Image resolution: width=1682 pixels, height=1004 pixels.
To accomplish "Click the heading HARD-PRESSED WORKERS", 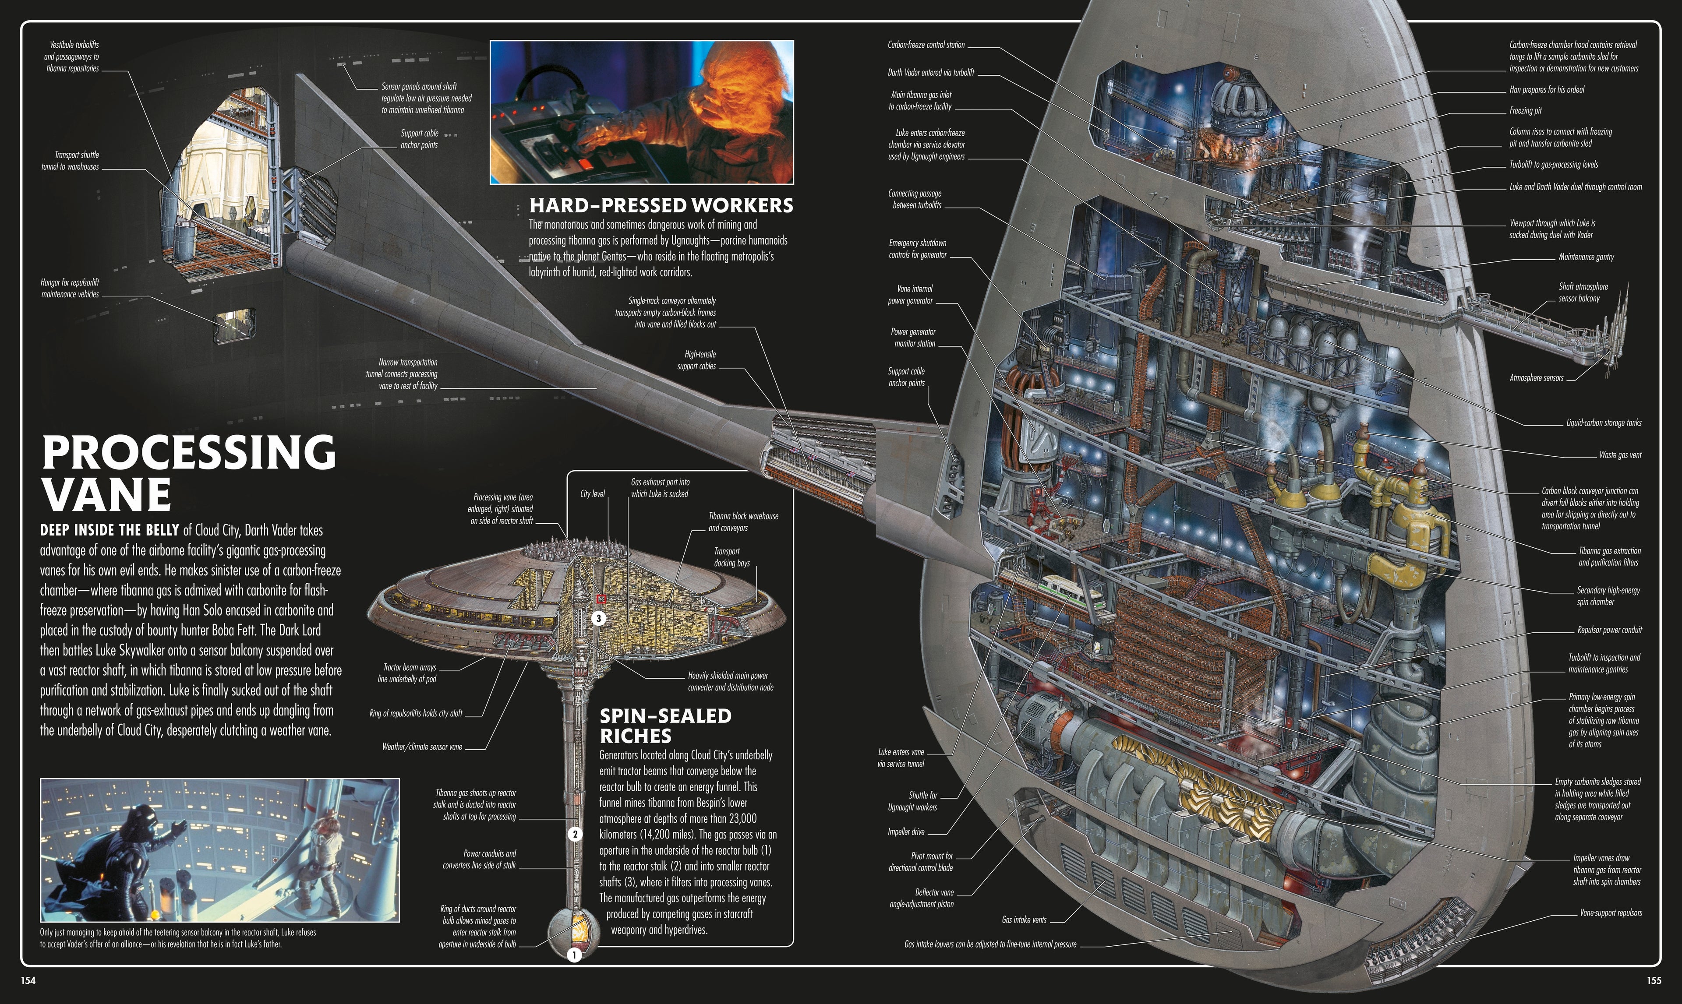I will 661,205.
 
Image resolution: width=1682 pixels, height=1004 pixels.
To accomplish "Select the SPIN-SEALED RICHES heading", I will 665,725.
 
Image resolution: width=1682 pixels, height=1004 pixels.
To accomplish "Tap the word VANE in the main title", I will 107,495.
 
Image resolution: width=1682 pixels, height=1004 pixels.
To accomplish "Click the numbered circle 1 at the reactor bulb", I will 574,955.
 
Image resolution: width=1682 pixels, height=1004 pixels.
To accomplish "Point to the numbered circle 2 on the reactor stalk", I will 574,834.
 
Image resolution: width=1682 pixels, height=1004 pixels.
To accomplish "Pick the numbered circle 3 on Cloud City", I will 598,618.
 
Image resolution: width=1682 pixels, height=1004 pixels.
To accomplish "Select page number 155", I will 1654,981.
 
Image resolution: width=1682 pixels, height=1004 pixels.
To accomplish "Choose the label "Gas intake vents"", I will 1024,919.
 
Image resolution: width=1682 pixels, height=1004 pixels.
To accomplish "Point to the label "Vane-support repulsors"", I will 1610,912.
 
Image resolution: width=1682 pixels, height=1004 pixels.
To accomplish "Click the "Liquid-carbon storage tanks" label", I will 1604,423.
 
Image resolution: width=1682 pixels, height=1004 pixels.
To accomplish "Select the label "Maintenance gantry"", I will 1586,257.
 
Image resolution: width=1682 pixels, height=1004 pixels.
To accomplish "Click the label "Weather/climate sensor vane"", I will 422,747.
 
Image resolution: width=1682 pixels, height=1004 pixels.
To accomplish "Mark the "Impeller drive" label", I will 906,831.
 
